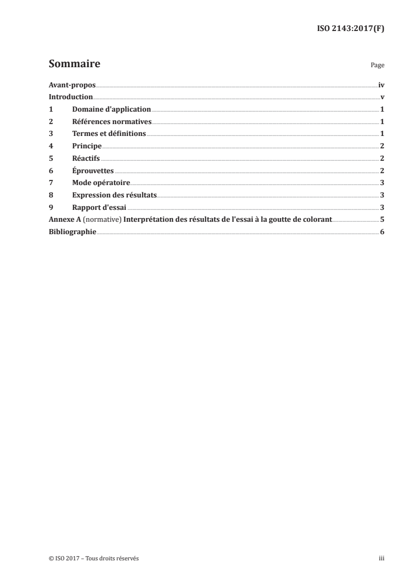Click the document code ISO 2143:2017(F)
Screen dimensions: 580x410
(x=350, y=29)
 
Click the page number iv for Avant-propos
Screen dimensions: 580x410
(x=381, y=85)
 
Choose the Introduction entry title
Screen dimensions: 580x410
(x=71, y=97)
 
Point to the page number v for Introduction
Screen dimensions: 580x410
(x=382, y=97)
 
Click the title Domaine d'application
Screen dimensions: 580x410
(x=111, y=109)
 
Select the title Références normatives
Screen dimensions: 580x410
(x=112, y=121)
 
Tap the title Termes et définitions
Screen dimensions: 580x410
(x=109, y=134)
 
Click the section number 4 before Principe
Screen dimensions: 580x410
(x=51, y=146)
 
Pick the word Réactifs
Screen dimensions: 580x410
(x=86, y=158)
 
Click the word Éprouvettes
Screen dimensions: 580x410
(x=93, y=171)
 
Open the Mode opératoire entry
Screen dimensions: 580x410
(x=101, y=182)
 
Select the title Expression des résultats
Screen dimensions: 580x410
(x=114, y=195)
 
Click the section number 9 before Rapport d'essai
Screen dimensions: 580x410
(x=51, y=207)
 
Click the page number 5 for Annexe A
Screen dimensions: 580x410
(x=382, y=219)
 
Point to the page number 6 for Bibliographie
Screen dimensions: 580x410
(x=382, y=232)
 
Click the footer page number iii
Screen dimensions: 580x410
(x=382, y=558)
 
